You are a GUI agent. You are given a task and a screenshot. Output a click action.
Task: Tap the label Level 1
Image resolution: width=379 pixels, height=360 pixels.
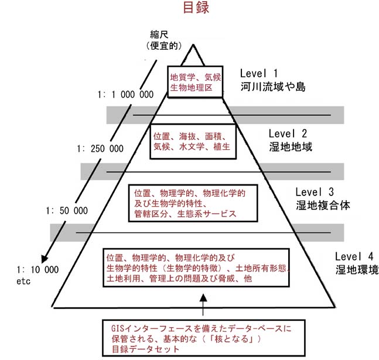260,74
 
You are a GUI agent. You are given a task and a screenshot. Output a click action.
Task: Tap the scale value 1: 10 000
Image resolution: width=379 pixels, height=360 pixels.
39,269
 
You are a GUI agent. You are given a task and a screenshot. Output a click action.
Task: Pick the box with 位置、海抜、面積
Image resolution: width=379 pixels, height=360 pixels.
193,141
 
